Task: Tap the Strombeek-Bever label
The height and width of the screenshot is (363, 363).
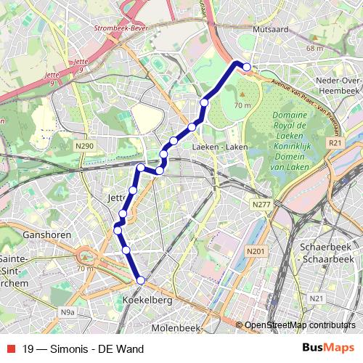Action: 121,28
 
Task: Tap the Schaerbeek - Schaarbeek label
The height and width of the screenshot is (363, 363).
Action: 326,252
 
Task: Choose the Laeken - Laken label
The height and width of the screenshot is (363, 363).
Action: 220,147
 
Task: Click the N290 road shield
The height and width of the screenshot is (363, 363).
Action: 85,147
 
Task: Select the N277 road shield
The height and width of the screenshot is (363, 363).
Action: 261,206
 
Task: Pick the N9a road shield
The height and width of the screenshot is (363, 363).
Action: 68,313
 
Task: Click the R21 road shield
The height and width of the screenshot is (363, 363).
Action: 335,144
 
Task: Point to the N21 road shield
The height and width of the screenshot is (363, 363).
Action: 316,298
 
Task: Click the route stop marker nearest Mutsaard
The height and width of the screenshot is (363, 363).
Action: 247,68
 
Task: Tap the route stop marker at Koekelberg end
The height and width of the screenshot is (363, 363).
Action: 141,280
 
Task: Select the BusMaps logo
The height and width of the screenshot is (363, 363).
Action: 328,348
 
